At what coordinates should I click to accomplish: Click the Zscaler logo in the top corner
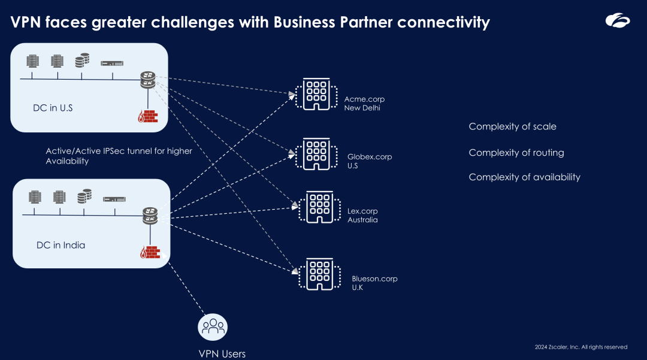pyautogui.click(x=617, y=21)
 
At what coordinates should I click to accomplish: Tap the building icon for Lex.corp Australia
pyautogui.click(x=319, y=208)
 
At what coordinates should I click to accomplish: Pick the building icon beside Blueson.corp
pyautogui.click(x=319, y=274)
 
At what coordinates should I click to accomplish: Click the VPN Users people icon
pyautogui.click(x=213, y=327)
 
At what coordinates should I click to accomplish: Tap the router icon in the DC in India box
pyautogui.click(x=150, y=215)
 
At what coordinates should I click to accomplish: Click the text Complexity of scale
pyautogui.click(x=512, y=126)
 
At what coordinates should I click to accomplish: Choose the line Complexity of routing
pyautogui.click(x=516, y=153)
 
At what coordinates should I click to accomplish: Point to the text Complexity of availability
pyautogui.click(x=524, y=177)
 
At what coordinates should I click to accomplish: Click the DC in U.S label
pyautogui.click(x=53, y=108)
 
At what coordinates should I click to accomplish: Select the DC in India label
pyautogui.click(x=61, y=245)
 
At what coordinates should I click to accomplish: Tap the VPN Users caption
pyautogui.click(x=222, y=353)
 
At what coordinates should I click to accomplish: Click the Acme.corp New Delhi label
pyautogui.click(x=364, y=104)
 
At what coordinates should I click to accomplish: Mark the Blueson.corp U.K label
pyautogui.click(x=374, y=283)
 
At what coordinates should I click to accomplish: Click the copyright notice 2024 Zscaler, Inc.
pyautogui.click(x=581, y=347)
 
